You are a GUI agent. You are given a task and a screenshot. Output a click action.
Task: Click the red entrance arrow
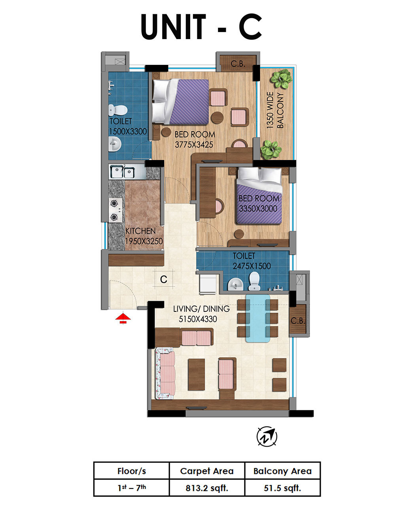[123, 318]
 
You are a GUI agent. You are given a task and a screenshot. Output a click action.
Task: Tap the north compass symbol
[267, 436]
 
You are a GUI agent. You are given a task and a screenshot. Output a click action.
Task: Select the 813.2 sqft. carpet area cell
[207, 488]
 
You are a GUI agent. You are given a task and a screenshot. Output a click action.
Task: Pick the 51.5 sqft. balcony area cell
[282, 488]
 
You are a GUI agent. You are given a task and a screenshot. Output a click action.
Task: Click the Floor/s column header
[132, 471]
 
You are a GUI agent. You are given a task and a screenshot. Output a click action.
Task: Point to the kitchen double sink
[122, 172]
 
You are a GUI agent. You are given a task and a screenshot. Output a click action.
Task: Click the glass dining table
[257, 318]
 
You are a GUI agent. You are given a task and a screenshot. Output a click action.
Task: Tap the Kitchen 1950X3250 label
[144, 236]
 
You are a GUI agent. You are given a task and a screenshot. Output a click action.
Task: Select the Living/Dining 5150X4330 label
[201, 314]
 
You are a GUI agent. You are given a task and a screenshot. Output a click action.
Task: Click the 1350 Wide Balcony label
[275, 110]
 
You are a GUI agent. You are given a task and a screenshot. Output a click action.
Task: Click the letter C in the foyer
[164, 279]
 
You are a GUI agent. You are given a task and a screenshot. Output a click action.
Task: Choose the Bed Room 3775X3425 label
[195, 140]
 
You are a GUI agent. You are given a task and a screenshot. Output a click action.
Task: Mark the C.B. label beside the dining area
[298, 321]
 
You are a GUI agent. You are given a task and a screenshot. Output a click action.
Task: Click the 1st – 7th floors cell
[132, 488]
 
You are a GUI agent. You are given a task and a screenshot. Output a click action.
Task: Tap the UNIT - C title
[202, 26]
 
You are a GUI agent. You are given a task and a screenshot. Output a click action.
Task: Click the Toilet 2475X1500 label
[252, 261]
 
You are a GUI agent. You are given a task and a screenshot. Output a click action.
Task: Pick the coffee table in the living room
[196, 375]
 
